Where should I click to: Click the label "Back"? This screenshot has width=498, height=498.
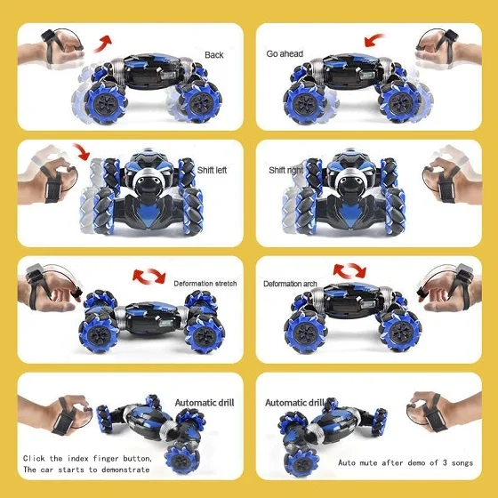pyautogui.click(x=213, y=54)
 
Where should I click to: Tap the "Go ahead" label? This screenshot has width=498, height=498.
pyautogui.click(x=285, y=53)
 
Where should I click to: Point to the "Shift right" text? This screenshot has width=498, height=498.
pyautogui.click(x=287, y=170)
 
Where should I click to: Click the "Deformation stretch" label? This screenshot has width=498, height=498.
pyautogui.click(x=205, y=284)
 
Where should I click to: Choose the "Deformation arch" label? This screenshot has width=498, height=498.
pyautogui.click(x=290, y=284)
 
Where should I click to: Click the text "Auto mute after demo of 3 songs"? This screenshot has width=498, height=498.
pyautogui.click(x=406, y=463)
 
